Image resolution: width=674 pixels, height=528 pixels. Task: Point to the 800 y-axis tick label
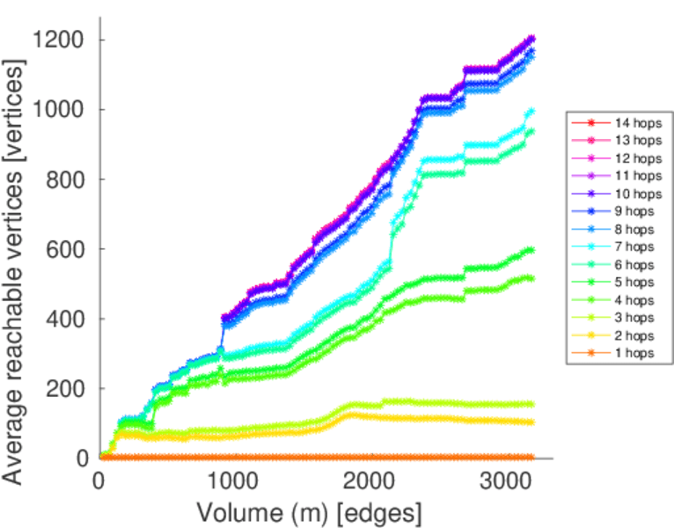click(x=67, y=180)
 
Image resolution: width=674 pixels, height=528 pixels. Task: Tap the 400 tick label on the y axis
click(x=67, y=319)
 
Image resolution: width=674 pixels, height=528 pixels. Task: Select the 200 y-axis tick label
click(x=67, y=388)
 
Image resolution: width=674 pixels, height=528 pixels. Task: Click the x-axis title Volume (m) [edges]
click(x=309, y=511)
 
